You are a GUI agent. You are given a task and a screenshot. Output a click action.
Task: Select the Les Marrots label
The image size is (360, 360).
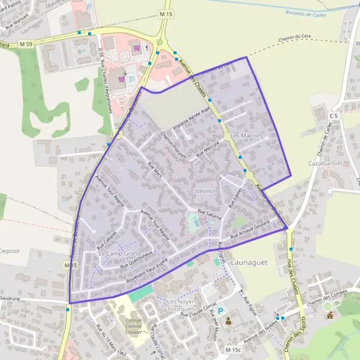coord(247,136)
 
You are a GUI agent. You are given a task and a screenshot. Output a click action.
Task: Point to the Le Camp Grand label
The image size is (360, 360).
coord(119,254)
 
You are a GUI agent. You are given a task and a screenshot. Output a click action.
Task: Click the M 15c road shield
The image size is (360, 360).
coord(233,349)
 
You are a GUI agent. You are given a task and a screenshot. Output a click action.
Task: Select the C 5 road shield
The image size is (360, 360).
coord(334,115)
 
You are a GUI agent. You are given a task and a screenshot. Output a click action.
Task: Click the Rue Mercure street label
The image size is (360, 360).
coord(208,149)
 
